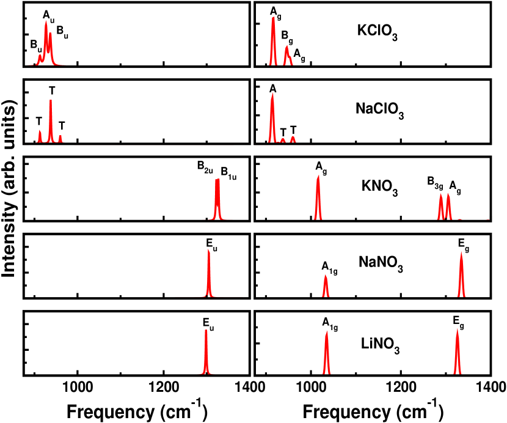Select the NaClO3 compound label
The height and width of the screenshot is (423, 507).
[x=380, y=110]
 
